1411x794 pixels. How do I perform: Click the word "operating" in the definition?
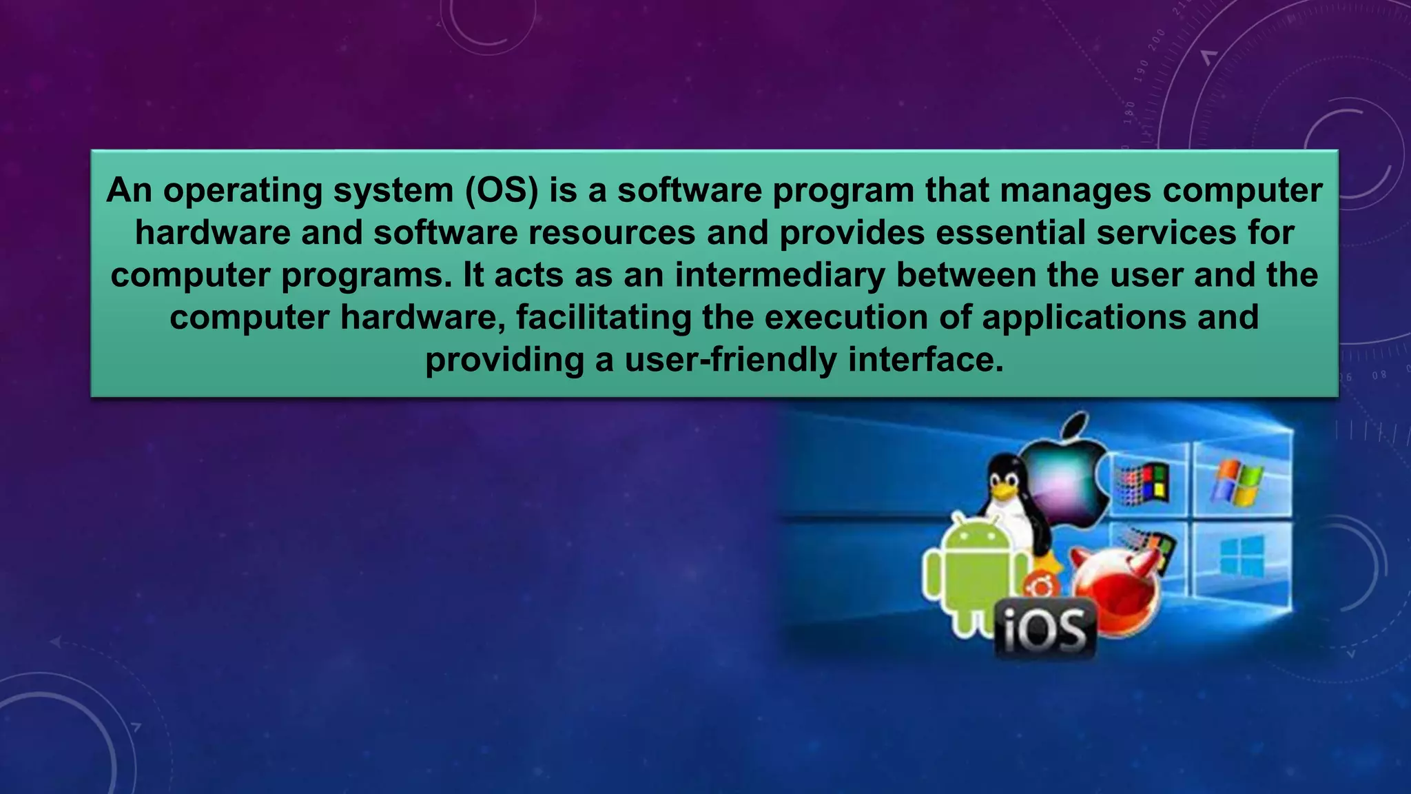pos(243,191)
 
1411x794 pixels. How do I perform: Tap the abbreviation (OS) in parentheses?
pos(502,191)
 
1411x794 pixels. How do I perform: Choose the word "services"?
pos(1166,233)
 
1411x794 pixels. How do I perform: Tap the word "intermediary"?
pos(780,275)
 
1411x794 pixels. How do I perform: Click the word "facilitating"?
pos(604,318)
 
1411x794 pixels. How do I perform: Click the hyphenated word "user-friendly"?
pos(731,360)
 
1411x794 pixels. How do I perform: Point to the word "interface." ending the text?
pos(926,360)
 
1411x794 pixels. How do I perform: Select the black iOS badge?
pos(1045,629)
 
